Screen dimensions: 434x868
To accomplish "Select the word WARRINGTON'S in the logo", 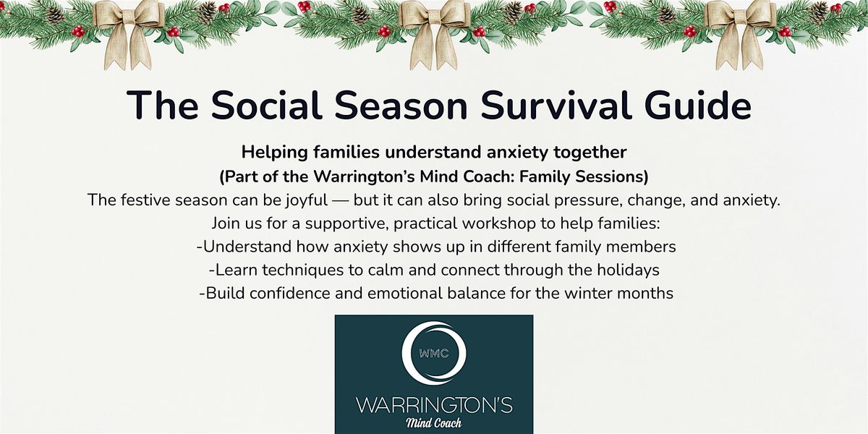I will [433, 404].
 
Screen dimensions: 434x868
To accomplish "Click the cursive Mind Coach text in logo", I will [433, 422].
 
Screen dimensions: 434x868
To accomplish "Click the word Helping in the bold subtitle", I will [272, 153].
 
